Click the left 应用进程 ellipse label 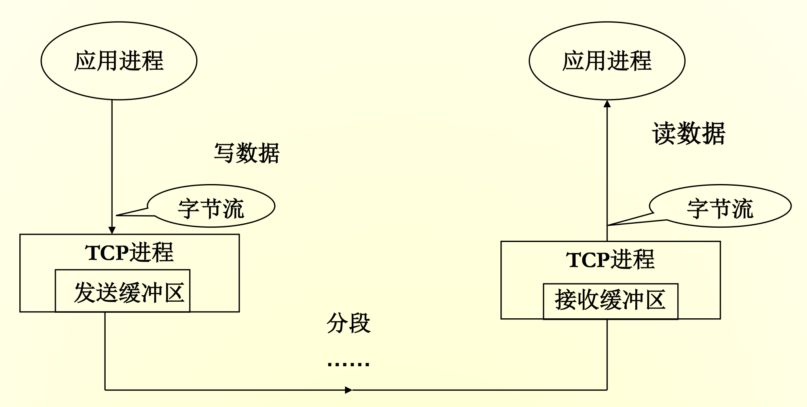pyautogui.click(x=119, y=61)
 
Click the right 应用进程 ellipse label pyautogui.click(x=607, y=61)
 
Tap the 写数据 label pyautogui.click(x=246, y=153)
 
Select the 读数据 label pyautogui.click(x=689, y=134)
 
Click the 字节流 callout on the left pyautogui.click(x=211, y=208)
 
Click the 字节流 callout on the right pyautogui.click(x=720, y=208)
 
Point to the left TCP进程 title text pyautogui.click(x=129, y=252)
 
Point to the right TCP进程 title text pyautogui.click(x=610, y=259)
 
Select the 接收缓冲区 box pyautogui.click(x=610, y=300)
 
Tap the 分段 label pyautogui.click(x=349, y=323)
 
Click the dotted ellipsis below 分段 pyautogui.click(x=349, y=363)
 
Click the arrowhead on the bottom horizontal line pyautogui.click(x=348, y=390)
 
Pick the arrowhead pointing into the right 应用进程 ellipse pyautogui.click(x=607, y=104)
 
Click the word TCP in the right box pyautogui.click(x=588, y=260)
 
